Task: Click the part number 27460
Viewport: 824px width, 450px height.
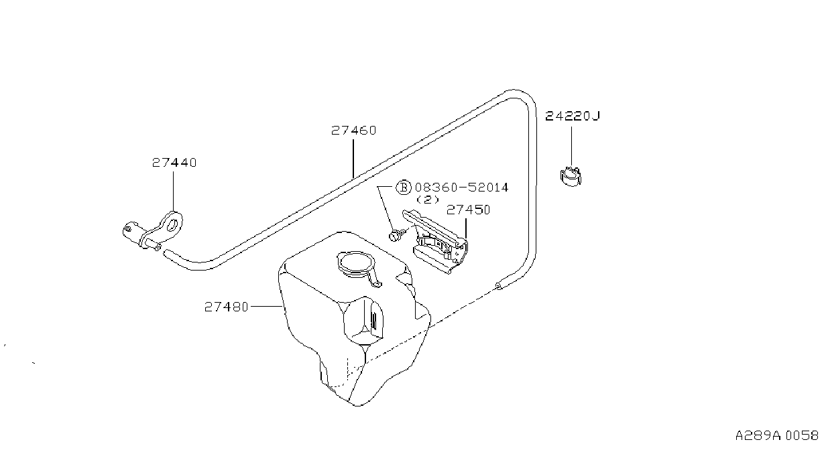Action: click(353, 131)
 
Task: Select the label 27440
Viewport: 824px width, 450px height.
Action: click(174, 163)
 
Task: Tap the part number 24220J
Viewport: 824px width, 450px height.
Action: click(572, 116)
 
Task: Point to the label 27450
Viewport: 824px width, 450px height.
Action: click(468, 210)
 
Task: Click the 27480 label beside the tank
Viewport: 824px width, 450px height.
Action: click(226, 307)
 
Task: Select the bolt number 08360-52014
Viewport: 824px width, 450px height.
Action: click(461, 187)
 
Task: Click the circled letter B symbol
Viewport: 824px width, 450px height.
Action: click(403, 187)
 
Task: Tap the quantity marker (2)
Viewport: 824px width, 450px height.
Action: click(428, 200)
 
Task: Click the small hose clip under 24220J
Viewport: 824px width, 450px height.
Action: click(571, 177)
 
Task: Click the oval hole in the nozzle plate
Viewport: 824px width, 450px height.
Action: click(172, 225)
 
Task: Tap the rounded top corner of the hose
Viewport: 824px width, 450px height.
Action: click(521, 95)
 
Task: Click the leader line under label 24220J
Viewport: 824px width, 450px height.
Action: click(571, 147)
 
